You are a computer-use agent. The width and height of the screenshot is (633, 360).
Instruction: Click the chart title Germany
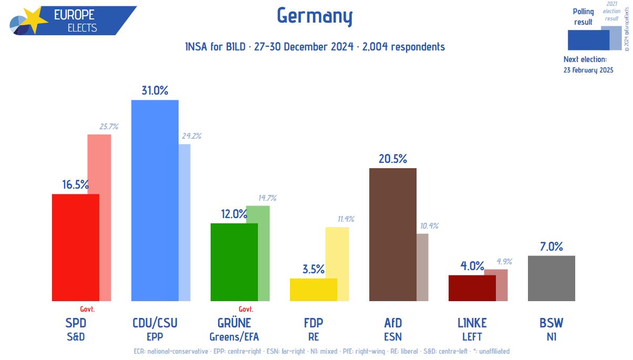314,16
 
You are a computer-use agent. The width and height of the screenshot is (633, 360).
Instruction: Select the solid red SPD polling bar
75,247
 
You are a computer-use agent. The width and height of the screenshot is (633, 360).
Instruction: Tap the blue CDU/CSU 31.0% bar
154,200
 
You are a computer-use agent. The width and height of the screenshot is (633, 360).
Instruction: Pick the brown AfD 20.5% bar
393,234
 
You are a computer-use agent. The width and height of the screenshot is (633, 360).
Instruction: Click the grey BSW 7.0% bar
551,278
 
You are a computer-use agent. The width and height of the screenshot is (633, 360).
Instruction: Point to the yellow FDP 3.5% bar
313,290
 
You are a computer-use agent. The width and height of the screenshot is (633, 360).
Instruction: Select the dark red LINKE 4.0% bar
472,288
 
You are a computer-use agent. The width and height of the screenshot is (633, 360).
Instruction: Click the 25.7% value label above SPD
109,127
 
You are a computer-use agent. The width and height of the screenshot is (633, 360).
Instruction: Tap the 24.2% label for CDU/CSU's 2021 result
191,136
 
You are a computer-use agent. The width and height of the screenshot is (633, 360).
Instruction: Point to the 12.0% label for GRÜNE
233,214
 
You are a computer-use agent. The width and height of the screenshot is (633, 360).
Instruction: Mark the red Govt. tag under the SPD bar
87,309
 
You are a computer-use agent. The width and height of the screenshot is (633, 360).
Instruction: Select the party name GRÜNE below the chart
234,323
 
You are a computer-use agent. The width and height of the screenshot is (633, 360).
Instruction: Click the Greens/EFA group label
234,336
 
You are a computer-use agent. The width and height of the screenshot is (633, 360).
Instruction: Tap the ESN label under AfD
393,336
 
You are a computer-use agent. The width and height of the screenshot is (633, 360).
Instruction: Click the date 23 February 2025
588,70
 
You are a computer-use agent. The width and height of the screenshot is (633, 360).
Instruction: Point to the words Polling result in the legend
583,17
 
